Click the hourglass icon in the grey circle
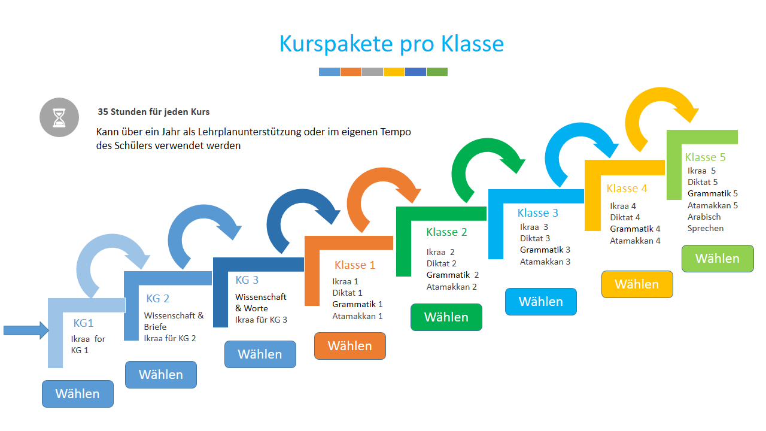coord(59,118)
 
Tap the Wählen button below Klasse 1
coord(350,346)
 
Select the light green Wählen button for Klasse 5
coord(718,259)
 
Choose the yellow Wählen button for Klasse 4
coord(637,284)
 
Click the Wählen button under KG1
coord(78,394)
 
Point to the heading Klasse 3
coord(537,213)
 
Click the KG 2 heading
coord(157,298)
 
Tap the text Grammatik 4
coord(635,229)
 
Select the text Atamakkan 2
coord(451,287)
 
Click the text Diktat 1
coord(347,293)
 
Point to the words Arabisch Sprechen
coord(706,222)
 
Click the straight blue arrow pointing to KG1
coord(26,330)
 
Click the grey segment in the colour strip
coord(372,72)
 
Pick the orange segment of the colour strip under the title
coord(351,72)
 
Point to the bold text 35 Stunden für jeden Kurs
coord(154,112)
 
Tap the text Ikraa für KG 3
coord(261,320)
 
